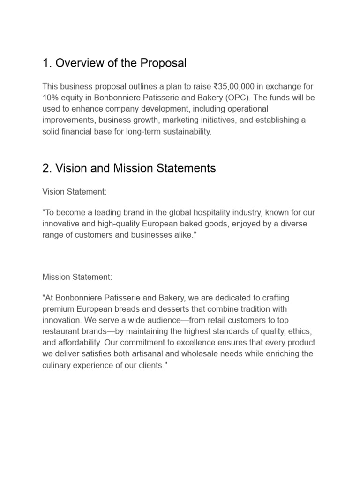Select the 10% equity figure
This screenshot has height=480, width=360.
[51, 97]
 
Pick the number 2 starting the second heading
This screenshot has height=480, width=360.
[46, 168]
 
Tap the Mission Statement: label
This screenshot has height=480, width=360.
[77, 277]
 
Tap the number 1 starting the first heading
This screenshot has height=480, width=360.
[45, 63]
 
